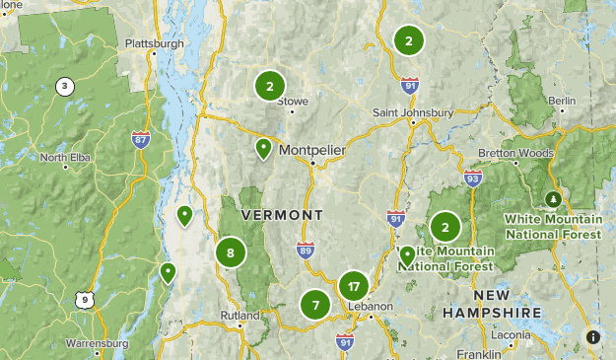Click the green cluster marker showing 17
click(353, 287)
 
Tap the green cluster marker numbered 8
click(231, 252)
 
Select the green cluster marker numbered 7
click(315, 305)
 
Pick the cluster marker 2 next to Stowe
click(269, 86)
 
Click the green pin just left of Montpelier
click(263, 149)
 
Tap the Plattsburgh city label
click(156, 44)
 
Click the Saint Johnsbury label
click(413, 112)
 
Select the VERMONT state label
click(282, 215)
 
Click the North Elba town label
click(66, 158)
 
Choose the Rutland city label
click(239, 317)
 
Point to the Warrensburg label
click(97, 343)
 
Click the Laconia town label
click(511, 334)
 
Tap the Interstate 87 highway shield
click(142, 141)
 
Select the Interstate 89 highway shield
click(306, 252)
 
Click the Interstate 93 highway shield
click(473, 179)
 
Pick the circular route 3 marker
click(65, 87)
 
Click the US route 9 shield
click(86, 299)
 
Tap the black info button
click(593, 337)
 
